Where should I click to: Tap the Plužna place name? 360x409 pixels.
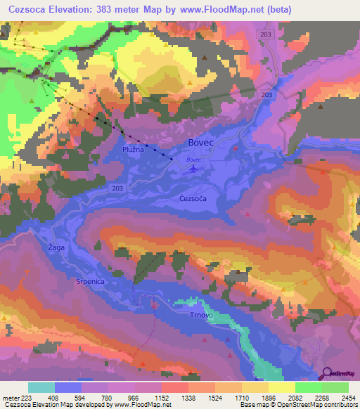(133, 150)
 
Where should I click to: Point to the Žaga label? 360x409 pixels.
(56, 248)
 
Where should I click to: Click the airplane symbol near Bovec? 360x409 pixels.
(194, 168)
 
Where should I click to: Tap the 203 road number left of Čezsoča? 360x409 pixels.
(118, 188)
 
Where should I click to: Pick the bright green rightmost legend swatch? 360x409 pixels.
(335, 387)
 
